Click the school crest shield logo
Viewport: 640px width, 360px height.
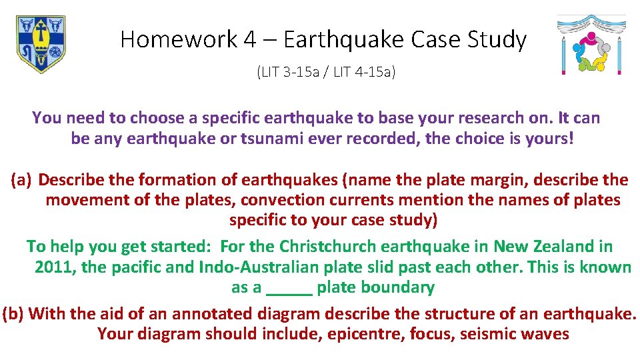coord(41,44)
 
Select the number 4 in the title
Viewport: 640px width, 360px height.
coord(249,40)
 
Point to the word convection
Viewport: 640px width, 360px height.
coord(279,200)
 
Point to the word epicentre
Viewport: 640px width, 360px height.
coord(364,334)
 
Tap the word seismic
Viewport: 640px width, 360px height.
coord(483,334)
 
